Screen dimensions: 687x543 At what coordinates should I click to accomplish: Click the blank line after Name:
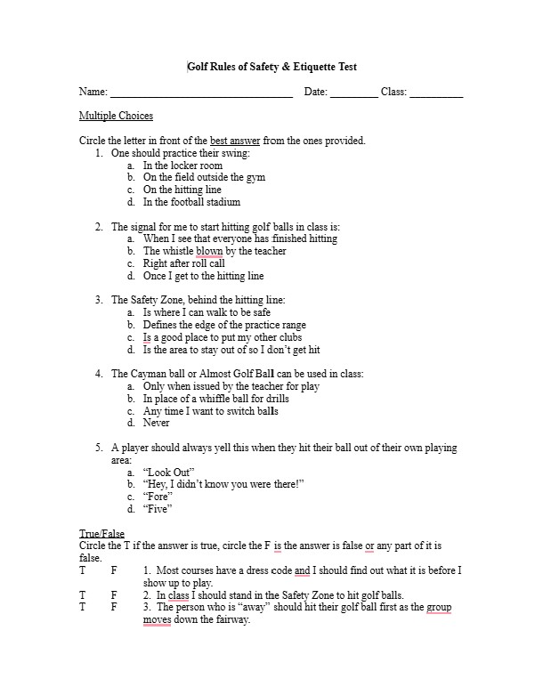201,94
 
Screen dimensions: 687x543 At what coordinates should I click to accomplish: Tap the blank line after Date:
353,94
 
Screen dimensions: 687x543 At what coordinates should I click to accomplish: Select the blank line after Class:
436,94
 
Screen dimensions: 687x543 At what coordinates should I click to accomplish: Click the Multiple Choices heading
116,116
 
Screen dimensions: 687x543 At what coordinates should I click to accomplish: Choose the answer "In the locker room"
182,166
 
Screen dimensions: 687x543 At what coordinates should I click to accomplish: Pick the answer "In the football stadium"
191,202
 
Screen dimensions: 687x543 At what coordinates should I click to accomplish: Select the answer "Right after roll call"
183,263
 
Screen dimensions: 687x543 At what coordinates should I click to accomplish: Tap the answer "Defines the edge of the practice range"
223,325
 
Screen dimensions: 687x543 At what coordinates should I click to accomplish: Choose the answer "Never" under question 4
156,424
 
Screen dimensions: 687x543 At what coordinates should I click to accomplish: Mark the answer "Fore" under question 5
156,497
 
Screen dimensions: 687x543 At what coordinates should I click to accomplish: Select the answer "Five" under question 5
156,509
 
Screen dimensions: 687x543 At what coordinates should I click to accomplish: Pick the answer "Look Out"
168,472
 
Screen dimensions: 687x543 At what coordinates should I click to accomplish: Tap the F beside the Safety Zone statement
113,594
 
